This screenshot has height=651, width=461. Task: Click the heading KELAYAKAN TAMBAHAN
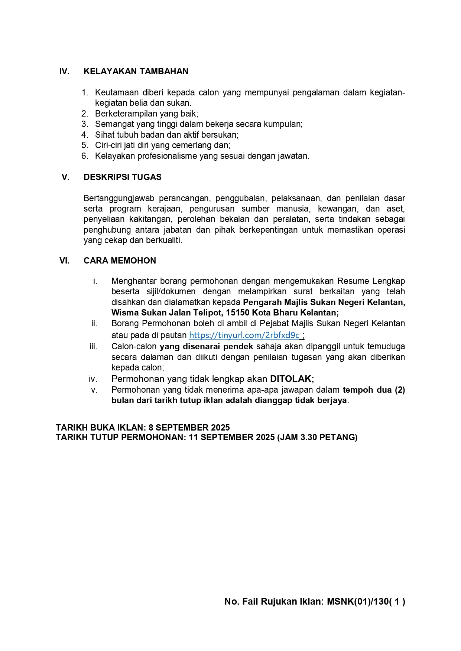coord(136,71)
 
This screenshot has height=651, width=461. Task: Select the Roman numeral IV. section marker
coord(64,71)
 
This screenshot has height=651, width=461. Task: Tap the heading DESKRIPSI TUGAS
coord(123,177)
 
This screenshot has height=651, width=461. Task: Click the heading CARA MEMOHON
coord(120,261)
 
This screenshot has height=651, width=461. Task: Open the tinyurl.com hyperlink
coord(244,335)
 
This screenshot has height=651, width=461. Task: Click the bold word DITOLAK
coord(291,379)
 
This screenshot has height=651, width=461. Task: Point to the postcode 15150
coord(237,313)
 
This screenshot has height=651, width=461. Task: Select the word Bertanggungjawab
coord(119,198)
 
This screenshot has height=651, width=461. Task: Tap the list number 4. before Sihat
coord(85,135)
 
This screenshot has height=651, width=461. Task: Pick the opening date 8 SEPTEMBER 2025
coord(189,428)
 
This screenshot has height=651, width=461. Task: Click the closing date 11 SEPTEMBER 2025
coord(231,437)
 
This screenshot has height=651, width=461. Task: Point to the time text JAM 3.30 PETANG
coord(317,437)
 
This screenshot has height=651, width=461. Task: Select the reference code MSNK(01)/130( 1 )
coord(366,602)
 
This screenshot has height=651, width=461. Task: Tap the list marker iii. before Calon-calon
coord(93,347)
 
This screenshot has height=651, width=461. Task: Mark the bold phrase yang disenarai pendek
coord(206,347)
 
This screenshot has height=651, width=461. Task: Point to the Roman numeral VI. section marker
coord(64,261)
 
